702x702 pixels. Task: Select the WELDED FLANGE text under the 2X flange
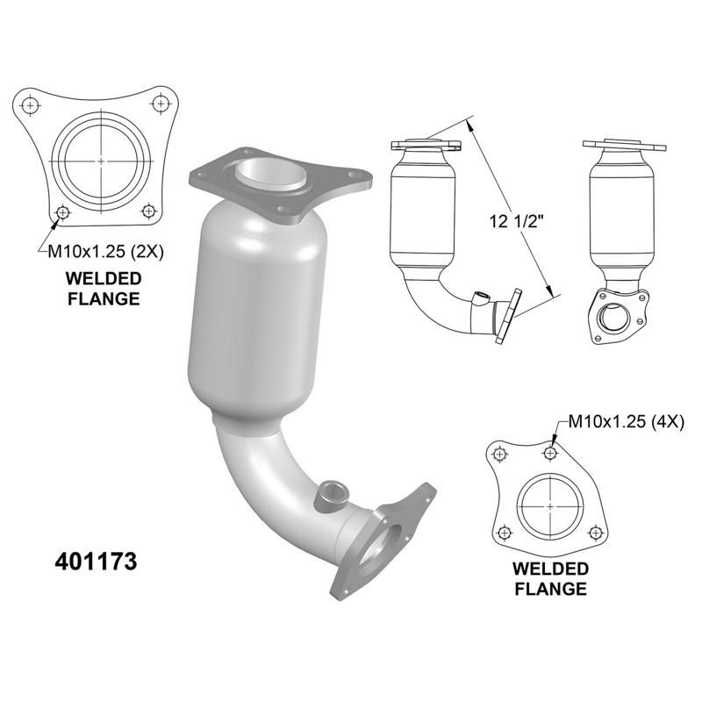point(103,289)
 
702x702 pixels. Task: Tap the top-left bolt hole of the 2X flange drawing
point(31,104)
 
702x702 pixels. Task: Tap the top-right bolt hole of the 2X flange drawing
point(160,104)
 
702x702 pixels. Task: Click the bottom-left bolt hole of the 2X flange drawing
point(62,212)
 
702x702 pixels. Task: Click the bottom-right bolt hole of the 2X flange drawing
point(147,211)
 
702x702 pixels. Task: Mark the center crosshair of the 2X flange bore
point(102,162)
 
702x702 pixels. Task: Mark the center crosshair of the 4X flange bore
point(550,507)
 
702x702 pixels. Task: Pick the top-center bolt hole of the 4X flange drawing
point(550,454)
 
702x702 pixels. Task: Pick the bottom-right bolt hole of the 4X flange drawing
point(595,532)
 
